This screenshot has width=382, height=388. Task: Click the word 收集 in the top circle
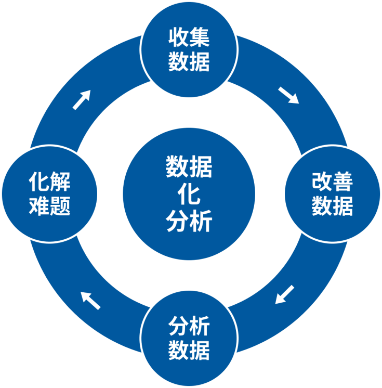pyautogui.click(x=189, y=38)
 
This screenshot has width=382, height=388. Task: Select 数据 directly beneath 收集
pyautogui.click(x=189, y=62)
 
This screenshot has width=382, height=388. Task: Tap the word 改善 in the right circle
pyautogui.click(x=332, y=182)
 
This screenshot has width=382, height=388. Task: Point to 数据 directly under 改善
pyautogui.click(x=332, y=206)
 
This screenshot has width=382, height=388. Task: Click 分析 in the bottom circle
pyautogui.click(x=189, y=327)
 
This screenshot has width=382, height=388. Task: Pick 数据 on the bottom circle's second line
pyautogui.click(x=189, y=351)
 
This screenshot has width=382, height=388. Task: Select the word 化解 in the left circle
pyautogui.click(x=49, y=183)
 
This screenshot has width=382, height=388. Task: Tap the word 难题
pyautogui.click(x=49, y=206)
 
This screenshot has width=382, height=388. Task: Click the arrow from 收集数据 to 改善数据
pyautogui.click(x=288, y=95)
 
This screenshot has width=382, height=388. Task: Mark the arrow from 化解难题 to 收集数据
pyautogui.click(x=82, y=99)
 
